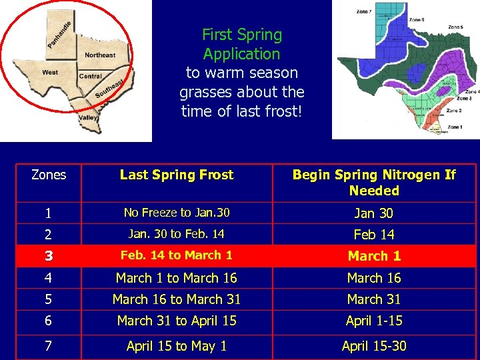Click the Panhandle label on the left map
click(59, 35)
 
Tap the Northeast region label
click(100, 55)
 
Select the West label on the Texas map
click(50, 72)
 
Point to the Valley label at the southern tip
click(88, 117)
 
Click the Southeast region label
click(109, 87)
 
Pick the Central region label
click(91, 76)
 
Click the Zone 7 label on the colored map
click(364, 11)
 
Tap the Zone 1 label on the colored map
click(455, 126)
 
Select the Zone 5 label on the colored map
click(455, 27)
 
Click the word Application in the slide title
click(241, 53)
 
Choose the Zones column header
click(49, 175)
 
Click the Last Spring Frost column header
click(177, 175)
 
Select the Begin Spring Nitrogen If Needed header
click(374, 183)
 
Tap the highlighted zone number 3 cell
click(49, 256)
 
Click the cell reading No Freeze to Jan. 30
click(177, 213)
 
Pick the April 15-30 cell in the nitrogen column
click(374, 345)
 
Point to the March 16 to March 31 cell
click(177, 299)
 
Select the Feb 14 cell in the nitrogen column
click(374, 234)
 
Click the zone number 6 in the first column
click(49, 321)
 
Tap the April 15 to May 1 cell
click(177, 345)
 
